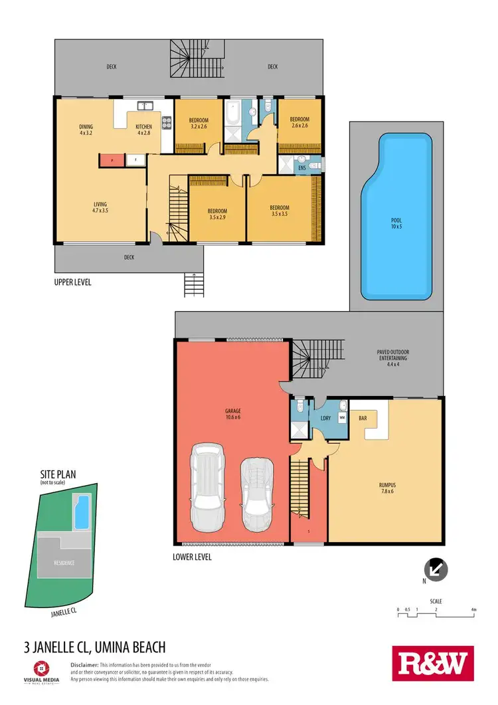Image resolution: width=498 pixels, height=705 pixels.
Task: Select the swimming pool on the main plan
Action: tap(396, 215)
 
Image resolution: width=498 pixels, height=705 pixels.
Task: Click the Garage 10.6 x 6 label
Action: tap(232, 415)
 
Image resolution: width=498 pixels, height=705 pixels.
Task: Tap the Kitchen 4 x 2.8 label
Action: tap(144, 130)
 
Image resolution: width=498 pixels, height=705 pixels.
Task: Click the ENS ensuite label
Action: tap(302, 169)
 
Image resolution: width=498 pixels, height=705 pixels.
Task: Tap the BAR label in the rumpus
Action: tap(363, 419)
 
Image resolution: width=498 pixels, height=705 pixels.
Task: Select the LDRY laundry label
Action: tap(325, 419)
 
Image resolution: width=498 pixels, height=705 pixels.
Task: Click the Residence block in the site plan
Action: tap(64, 562)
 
